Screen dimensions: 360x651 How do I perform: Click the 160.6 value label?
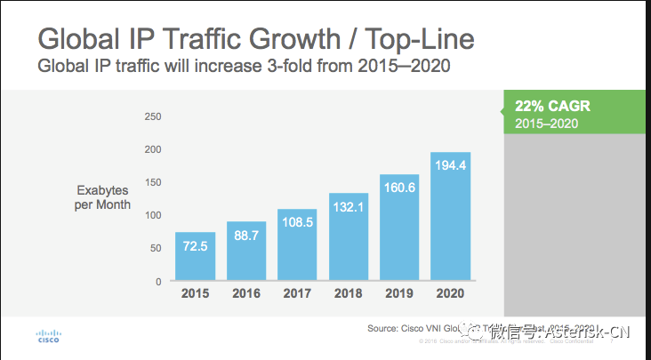pos(398,191)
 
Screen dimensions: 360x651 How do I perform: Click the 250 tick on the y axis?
pos(152,116)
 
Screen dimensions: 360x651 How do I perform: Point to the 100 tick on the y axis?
pos(152,215)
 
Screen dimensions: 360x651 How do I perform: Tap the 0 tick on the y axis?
pos(157,281)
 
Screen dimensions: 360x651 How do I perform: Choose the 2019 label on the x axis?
pos(398,294)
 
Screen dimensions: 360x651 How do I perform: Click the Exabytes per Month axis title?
pos(103,197)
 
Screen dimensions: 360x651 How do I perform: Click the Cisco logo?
pos(48,335)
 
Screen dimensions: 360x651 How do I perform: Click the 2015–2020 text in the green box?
pos(546,123)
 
